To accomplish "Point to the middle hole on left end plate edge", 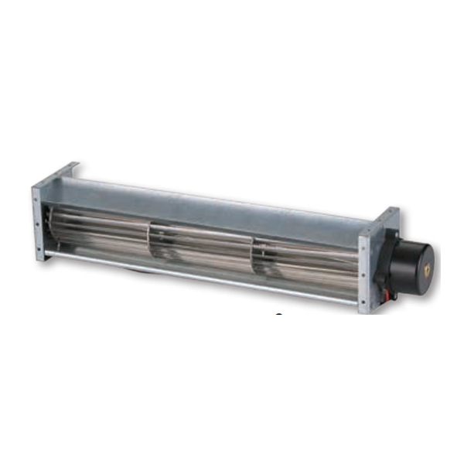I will (x=38, y=223).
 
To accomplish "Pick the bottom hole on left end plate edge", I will (x=39, y=248).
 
